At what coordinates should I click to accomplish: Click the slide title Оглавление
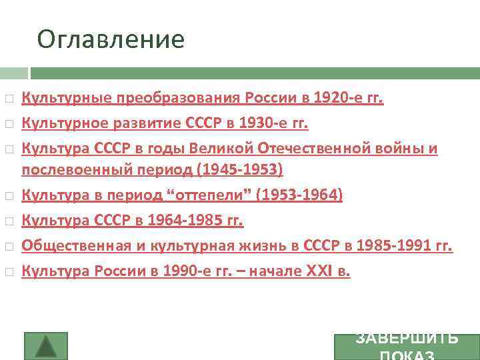(111, 39)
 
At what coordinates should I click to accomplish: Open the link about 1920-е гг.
(203, 99)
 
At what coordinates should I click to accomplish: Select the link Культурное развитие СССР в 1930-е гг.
(165, 123)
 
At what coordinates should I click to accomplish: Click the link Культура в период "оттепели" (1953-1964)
(182, 195)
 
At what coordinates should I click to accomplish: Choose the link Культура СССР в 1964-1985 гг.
(133, 220)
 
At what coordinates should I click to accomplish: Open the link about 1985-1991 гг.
(237, 245)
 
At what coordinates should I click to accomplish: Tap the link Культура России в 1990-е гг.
(185, 271)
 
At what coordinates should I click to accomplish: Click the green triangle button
(45, 346)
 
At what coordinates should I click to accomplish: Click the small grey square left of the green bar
(13, 73)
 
